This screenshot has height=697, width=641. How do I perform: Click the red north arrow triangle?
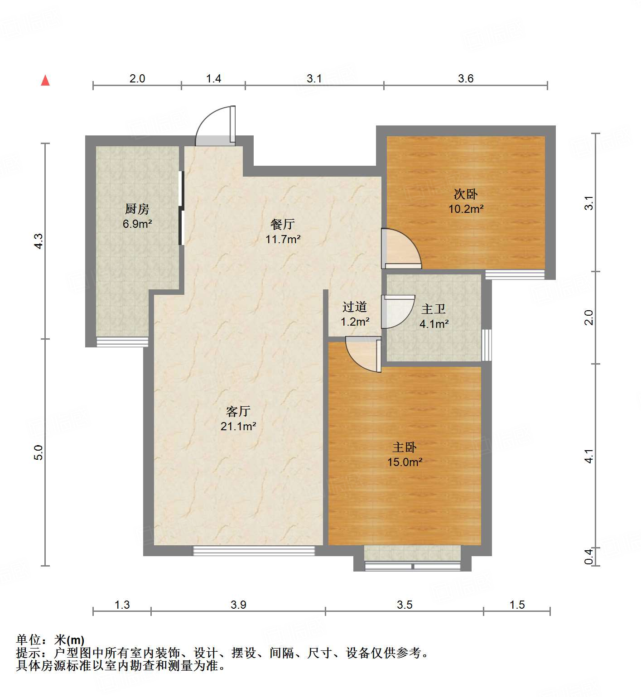pyautogui.click(x=45, y=81)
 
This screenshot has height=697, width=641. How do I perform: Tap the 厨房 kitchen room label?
pyautogui.click(x=137, y=209)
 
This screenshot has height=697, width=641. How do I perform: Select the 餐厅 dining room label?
pyautogui.click(x=282, y=224)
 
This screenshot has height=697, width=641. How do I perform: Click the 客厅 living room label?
pyautogui.click(x=238, y=411)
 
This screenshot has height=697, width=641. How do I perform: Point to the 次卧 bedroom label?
pyautogui.click(x=466, y=194)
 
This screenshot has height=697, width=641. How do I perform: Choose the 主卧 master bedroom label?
pyautogui.click(x=405, y=447)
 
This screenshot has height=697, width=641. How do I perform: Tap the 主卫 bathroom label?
pyautogui.click(x=434, y=309)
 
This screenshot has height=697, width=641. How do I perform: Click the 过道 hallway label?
pyautogui.click(x=354, y=307)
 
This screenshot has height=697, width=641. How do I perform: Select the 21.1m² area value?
pyautogui.click(x=238, y=426)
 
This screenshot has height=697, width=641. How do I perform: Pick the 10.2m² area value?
pyautogui.click(x=466, y=209)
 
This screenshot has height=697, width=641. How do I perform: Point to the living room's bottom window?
pyautogui.click(x=254, y=551)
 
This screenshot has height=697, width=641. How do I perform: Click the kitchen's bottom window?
pyautogui.click(x=122, y=342)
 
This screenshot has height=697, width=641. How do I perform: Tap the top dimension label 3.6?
pyautogui.click(x=465, y=78)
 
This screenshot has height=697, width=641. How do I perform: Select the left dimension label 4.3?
pyautogui.click(x=39, y=240)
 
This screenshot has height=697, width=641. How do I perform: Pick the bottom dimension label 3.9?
pyautogui.click(x=238, y=605)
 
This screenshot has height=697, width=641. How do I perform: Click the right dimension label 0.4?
pyautogui.click(x=588, y=557)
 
